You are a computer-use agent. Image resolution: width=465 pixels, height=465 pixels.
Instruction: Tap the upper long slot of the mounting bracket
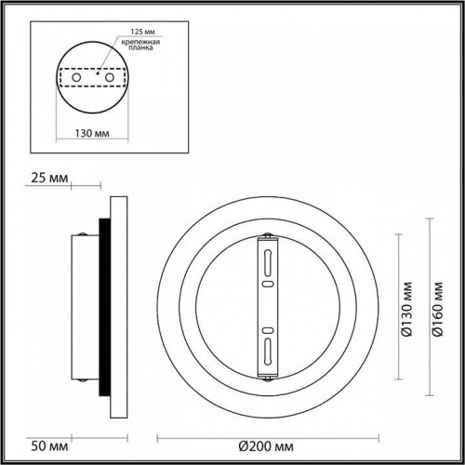tap(267, 258)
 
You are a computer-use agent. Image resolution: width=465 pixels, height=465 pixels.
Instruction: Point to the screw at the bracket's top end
tap(267, 235)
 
